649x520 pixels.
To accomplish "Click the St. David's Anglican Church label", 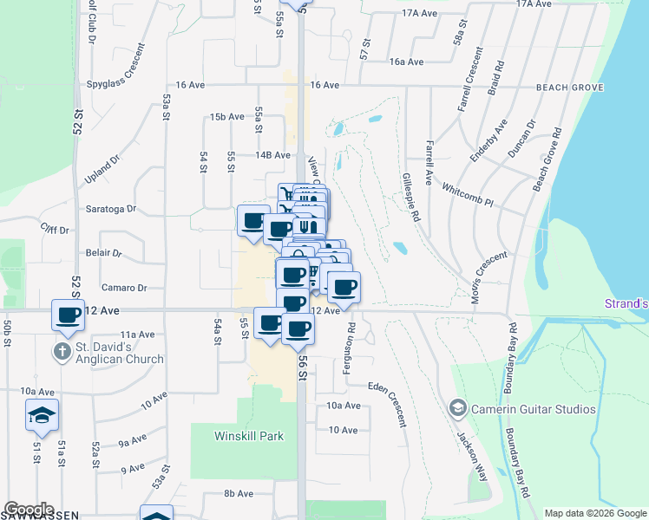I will (x=118, y=354).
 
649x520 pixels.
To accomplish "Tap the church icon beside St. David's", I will (x=61, y=352).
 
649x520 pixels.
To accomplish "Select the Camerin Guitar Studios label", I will (x=534, y=408).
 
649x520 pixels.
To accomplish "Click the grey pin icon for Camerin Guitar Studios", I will (x=458, y=407).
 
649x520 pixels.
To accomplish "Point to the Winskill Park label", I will (x=249, y=436).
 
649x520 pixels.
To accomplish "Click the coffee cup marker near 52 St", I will (x=69, y=316).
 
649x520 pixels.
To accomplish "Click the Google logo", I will (x=29, y=510).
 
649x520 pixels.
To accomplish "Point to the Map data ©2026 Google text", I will (x=594, y=513).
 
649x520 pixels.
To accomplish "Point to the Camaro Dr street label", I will (x=123, y=288).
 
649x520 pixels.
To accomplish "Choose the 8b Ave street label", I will (x=238, y=493).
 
